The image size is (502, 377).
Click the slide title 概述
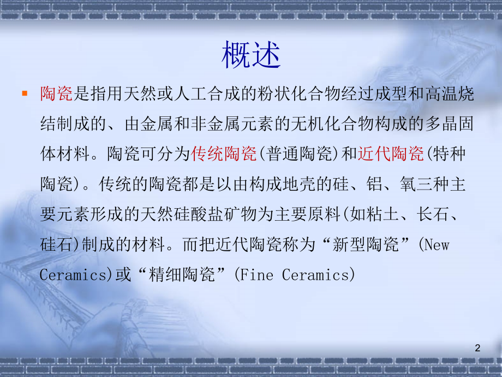[x=251, y=56]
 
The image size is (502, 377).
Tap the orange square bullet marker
[x=24, y=93]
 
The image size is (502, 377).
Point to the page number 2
[x=478, y=348]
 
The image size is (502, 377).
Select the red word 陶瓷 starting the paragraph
[x=56, y=95]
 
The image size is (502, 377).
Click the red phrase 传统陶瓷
[x=224, y=155]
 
